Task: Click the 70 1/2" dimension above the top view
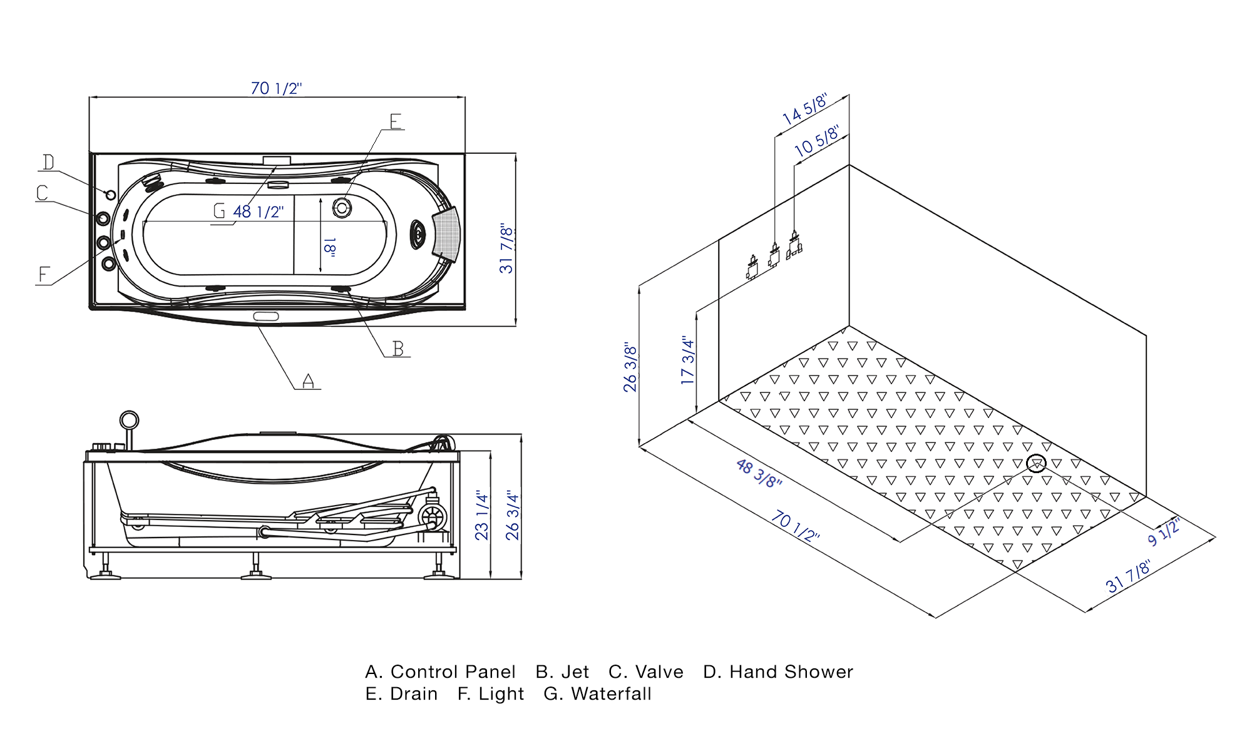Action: [x=276, y=88]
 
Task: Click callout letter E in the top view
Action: [x=396, y=121]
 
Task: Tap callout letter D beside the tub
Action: [x=48, y=163]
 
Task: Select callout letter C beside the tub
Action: [x=42, y=193]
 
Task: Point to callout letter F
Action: [x=43, y=275]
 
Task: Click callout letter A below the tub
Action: [x=308, y=381]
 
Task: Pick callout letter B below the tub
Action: [x=398, y=349]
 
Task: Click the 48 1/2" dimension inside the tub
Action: [x=258, y=212]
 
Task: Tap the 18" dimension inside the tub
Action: [x=330, y=247]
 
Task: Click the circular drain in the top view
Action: [x=342, y=207]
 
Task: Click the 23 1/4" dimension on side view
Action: [x=481, y=515]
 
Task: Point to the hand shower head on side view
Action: [x=129, y=420]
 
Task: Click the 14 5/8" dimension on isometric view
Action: [x=804, y=109]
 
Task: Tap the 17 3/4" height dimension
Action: [x=687, y=360]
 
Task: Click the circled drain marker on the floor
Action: [x=1037, y=464]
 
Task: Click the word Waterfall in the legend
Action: [x=611, y=694]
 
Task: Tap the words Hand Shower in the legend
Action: [x=791, y=672]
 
